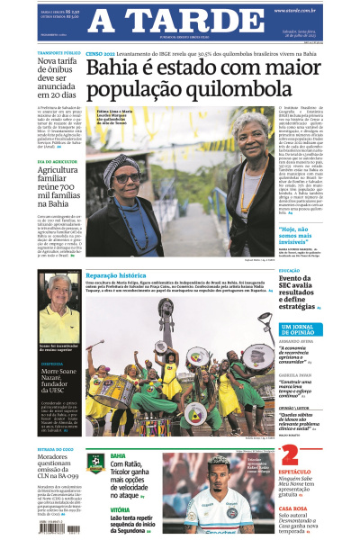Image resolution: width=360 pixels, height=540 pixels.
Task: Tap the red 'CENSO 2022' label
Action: tap(101, 53)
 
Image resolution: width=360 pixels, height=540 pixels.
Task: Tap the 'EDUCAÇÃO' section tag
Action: tap(290, 269)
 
